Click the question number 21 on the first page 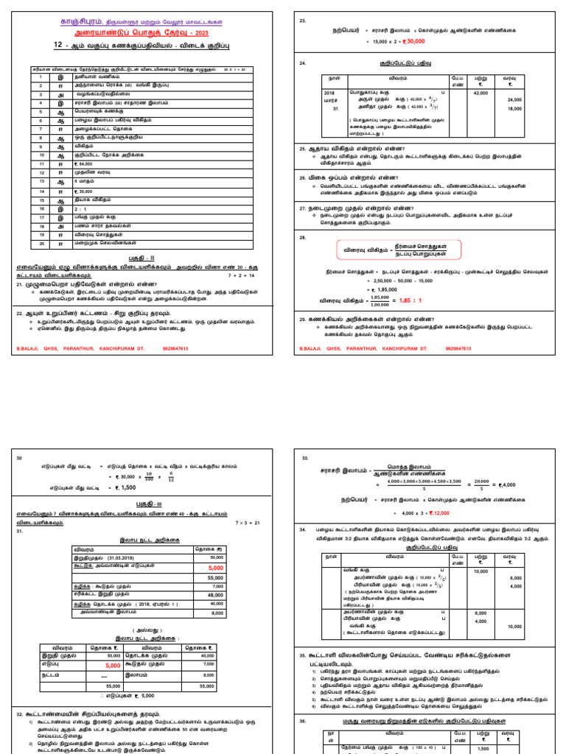coord(20,284)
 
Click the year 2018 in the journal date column coord(329,93)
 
